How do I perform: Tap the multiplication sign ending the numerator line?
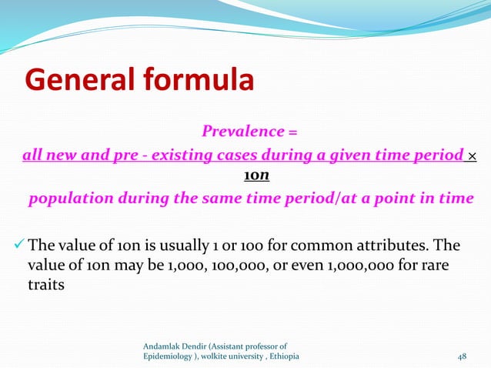(472, 156)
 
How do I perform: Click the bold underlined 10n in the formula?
(256, 176)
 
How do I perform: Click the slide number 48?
(462, 356)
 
